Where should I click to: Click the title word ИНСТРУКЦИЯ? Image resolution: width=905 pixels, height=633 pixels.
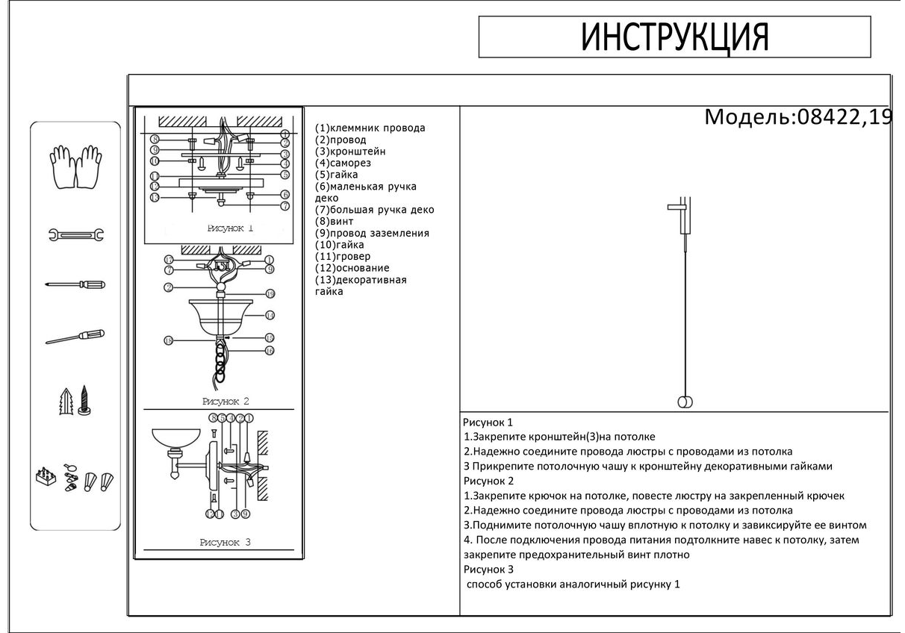tap(674, 37)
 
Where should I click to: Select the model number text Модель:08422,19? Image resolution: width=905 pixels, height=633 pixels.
tap(798, 117)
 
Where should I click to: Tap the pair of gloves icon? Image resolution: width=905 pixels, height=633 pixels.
tap(75, 166)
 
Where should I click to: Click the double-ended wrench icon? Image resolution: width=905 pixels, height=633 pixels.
tap(75, 235)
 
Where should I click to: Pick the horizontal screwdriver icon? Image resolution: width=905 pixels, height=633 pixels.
tap(75, 284)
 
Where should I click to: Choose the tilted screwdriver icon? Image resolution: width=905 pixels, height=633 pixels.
tap(75, 337)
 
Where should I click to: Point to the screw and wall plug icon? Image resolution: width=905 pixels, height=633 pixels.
tap(75, 402)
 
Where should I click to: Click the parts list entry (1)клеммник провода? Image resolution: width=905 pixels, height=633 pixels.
tap(370, 128)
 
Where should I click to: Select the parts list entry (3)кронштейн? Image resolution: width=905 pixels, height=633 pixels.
tap(350, 151)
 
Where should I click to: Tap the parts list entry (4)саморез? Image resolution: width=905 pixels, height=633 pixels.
tap(343, 163)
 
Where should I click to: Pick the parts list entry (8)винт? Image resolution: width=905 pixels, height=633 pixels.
tap(335, 221)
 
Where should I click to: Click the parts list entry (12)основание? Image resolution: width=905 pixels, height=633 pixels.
tap(352, 267)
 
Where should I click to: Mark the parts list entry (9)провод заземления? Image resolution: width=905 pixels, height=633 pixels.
tap(372, 233)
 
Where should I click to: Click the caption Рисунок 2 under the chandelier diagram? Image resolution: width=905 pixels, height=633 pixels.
tap(226, 402)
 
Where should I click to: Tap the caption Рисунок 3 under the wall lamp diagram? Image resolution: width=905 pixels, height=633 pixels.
tap(226, 543)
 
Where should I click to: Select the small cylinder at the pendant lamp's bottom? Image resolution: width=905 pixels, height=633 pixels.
tap(685, 402)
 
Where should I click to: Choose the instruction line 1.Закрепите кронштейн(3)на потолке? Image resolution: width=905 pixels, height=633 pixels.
tap(559, 437)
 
